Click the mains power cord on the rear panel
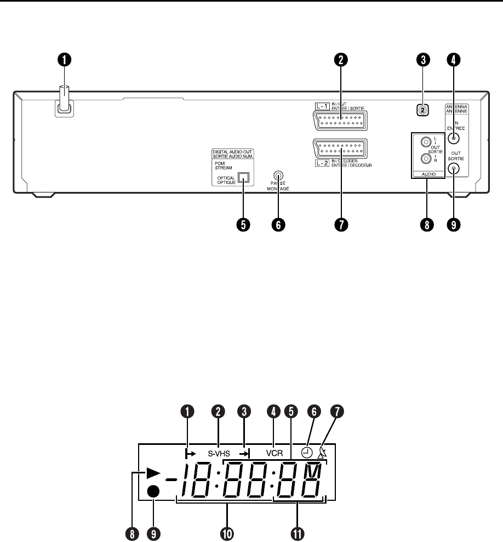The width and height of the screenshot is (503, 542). pyautogui.click(x=64, y=100)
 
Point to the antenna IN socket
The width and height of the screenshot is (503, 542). pyautogui.click(x=453, y=138)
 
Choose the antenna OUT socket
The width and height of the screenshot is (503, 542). pyautogui.click(x=453, y=169)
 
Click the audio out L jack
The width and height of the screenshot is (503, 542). pyautogui.click(x=424, y=141)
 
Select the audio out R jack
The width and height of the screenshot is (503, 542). pyautogui.click(x=424, y=159)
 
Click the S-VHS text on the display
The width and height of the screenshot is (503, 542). pyautogui.click(x=218, y=454)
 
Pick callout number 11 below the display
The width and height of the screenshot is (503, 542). pyautogui.click(x=300, y=532)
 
